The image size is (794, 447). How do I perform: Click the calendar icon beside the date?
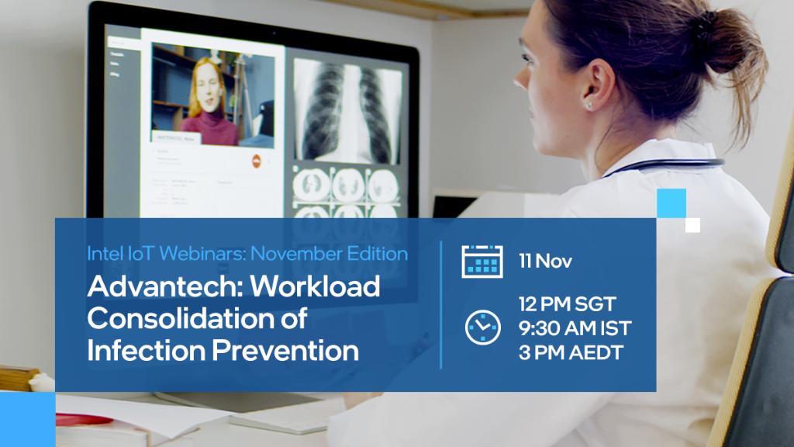[x=482, y=261]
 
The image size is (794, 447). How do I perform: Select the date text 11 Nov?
[x=546, y=262]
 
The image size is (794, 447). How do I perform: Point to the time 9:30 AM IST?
[x=575, y=328]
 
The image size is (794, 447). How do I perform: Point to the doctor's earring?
[x=589, y=103]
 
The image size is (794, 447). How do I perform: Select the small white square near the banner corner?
[x=692, y=225]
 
